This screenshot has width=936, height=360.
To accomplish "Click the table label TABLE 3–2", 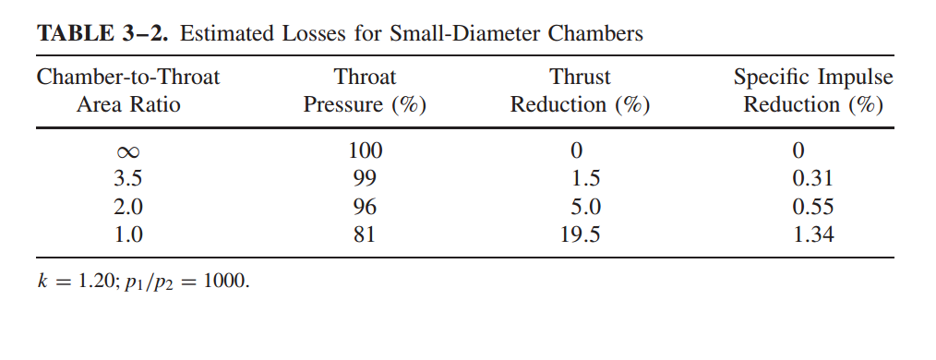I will (x=102, y=34).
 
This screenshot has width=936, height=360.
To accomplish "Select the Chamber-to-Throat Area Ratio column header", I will (x=128, y=90).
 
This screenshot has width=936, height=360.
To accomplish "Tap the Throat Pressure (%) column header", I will (x=365, y=90).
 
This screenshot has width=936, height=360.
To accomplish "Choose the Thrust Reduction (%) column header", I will (x=580, y=90).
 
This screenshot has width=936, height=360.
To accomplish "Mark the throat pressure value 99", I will (x=365, y=178).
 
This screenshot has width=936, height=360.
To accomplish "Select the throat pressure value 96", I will (x=365, y=207).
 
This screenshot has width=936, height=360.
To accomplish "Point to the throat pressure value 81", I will (x=365, y=234).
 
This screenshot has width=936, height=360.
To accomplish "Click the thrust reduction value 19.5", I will (x=580, y=234).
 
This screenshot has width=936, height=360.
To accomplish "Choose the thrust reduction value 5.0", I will (x=580, y=207).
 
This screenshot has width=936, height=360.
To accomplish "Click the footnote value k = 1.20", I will (x=74, y=280).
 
